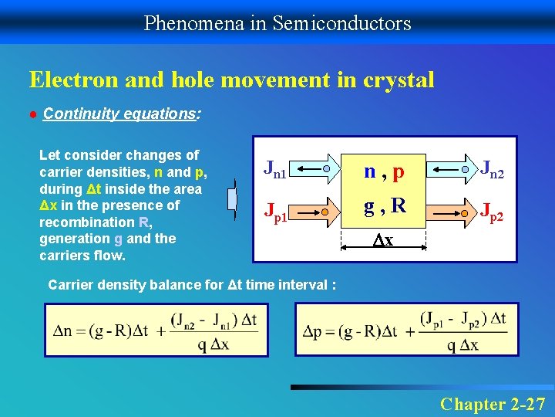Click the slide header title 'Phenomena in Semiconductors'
pos(277,23)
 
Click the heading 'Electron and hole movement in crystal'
pos(231,80)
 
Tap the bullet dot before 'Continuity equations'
pos(33,114)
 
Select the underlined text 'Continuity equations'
pos(120,114)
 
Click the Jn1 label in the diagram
pos(275,168)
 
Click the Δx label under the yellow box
pos(383,241)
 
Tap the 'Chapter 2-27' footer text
pos(493,403)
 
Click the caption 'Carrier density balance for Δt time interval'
pos(191,285)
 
